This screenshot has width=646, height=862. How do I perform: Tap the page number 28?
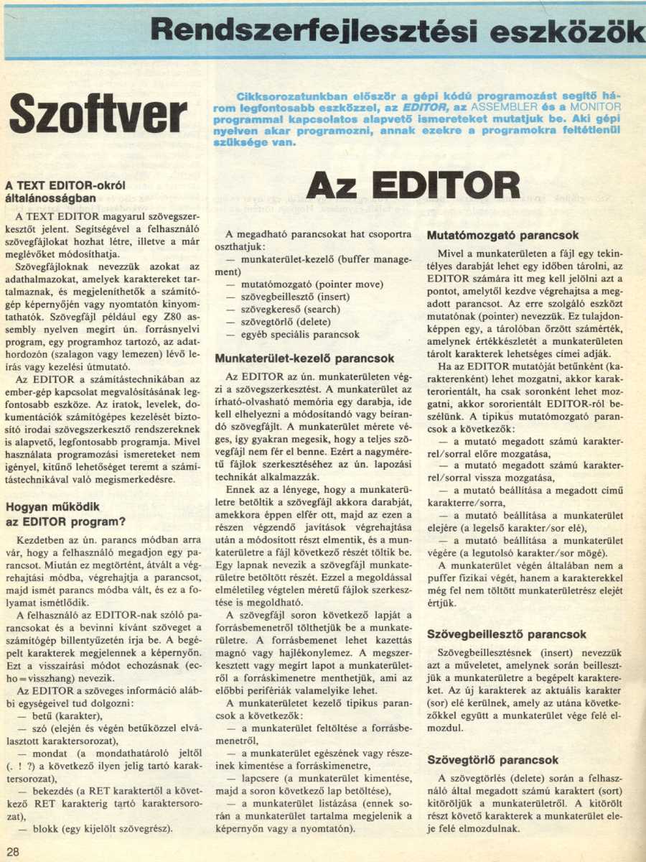14,851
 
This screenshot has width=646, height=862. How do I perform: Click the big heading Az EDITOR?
413,185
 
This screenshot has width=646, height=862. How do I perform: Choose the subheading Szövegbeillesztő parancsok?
506,635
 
